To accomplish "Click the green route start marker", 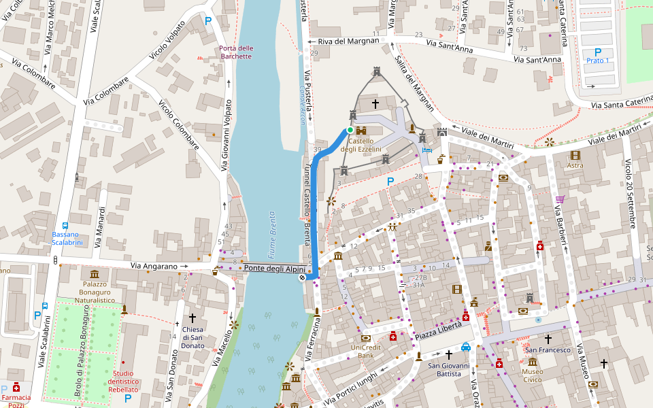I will (x=350, y=130).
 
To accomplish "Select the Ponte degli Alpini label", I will (x=274, y=268).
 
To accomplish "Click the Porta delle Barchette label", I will (x=236, y=52).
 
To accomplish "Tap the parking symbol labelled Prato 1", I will (x=598, y=52).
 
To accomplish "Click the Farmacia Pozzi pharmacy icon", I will (x=16, y=387).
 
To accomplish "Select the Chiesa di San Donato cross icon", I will (x=192, y=318).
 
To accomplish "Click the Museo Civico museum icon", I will (x=532, y=362).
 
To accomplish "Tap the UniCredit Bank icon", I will (x=367, y=338).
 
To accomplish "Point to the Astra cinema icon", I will (x=575, y=155).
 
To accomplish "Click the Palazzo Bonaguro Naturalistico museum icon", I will (x=95, y=273).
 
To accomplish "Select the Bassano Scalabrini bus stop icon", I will (x=65, y=225).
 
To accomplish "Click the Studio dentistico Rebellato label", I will (x=123, y=381).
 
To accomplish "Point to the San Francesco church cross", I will (x=547, y=338).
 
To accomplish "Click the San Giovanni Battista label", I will (x=448, y=370).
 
